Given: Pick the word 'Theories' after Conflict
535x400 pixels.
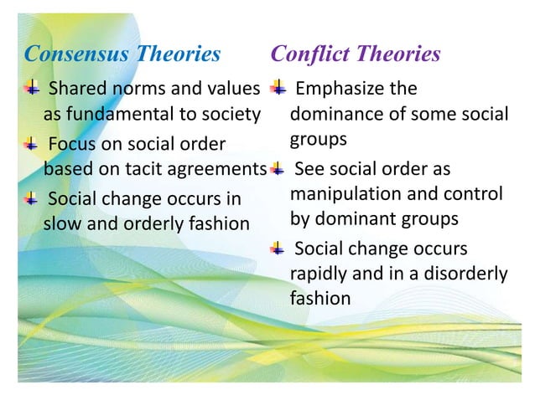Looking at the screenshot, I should (x=399, y=54).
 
